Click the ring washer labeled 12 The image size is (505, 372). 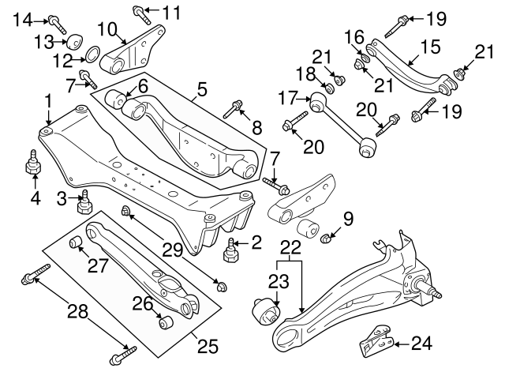(90, 56)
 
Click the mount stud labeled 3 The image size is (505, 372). (80, 203)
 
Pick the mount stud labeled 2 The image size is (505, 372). (232, 252)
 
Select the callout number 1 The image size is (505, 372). (48, 101)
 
